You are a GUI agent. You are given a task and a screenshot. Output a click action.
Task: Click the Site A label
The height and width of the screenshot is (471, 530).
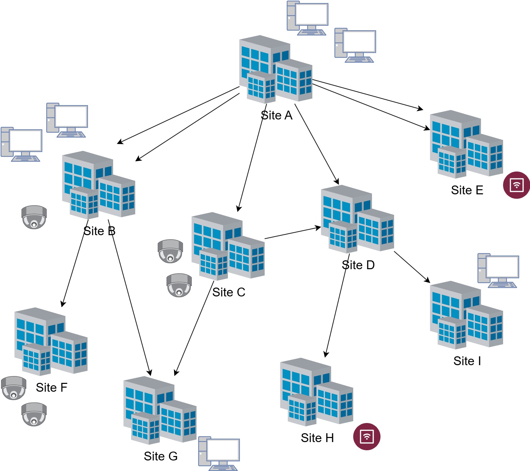pos(277,116)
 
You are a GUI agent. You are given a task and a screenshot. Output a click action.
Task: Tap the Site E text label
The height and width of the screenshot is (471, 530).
pos(467,190)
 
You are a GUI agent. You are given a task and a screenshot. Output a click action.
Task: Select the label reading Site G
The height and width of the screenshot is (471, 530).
pos(160,456)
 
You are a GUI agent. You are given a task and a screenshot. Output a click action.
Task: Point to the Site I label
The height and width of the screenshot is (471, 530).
pos(467,361)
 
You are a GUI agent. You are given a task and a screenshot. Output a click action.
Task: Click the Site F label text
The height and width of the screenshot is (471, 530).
pos(51,388)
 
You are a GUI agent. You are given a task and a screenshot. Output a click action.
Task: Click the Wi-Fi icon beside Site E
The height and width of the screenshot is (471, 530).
pos(516,185)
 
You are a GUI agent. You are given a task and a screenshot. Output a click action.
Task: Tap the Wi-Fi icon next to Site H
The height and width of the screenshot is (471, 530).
pos(367,437)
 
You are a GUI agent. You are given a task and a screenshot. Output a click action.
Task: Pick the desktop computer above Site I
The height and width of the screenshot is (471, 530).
pos(498,271)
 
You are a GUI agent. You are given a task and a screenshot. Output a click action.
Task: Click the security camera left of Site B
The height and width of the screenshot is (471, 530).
pos(34,217)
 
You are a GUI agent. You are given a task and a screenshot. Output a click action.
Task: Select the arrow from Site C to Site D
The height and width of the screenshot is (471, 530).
pos(293,232)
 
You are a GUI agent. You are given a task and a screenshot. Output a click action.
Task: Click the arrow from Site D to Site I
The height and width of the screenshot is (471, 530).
pos(412,267)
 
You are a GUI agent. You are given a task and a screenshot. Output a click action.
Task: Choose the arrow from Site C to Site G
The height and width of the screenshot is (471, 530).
pos(194,328)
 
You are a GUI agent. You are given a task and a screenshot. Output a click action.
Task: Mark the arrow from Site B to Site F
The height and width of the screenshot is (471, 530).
pos(75,263)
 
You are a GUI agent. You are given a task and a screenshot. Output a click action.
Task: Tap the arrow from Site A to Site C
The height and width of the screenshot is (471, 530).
pos(252,158)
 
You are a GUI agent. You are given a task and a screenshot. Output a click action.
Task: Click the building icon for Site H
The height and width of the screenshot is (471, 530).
pos(316,392)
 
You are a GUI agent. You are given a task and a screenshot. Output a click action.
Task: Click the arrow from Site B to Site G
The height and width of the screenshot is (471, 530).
pos(129,297)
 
